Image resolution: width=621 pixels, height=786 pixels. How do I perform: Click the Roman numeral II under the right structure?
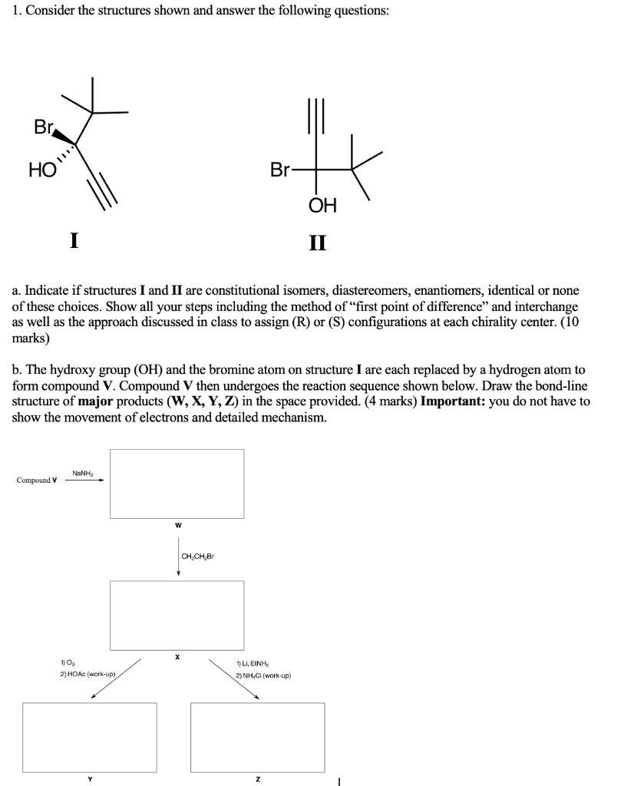pyautogui.click(x=317, y=243)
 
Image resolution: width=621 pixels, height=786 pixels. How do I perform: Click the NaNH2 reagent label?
pyautogui.click(x=83, y=473)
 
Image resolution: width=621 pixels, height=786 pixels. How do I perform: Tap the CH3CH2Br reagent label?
pyautogui.click(x=197, y=556)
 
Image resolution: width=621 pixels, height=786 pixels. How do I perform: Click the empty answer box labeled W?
pyautogui.click(x=177, y=484)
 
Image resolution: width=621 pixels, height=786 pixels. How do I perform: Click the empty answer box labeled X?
pyautogui.click(x=177, y=615)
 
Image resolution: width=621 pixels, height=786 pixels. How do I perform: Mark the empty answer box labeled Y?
pyautogui.click(x=89, y=736)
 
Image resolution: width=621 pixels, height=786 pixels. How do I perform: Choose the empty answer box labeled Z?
pyautogui.click(x=257, y=736)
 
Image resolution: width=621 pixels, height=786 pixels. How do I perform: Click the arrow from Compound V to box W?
pyautogui.click(x=84, y=482)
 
